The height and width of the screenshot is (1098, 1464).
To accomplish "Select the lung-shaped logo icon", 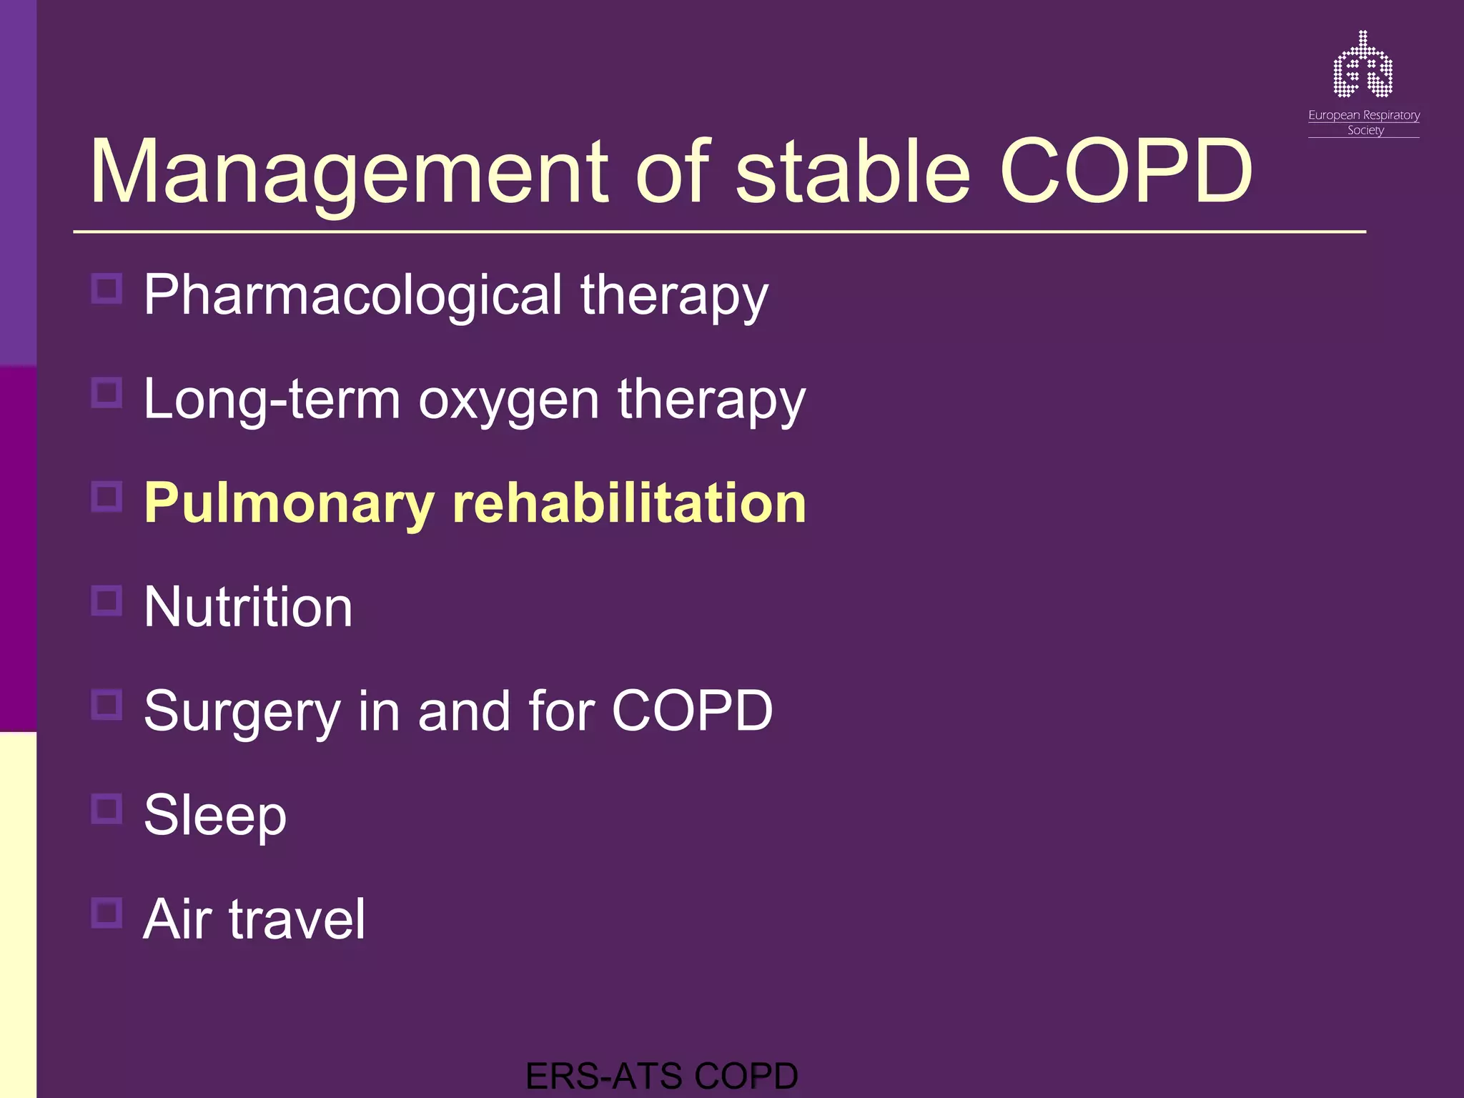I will coord(1362,65).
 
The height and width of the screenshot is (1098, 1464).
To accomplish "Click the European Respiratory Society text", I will coord(1363,122).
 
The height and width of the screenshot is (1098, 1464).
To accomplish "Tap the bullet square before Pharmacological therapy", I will coord(107,289).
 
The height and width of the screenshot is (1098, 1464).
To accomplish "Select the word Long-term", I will coord(272,400).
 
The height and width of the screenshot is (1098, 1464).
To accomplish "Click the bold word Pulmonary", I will coord(289,504).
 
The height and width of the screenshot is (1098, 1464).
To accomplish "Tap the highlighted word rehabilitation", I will coord(629,503).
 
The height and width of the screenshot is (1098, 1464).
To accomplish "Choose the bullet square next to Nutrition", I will coord(107,600).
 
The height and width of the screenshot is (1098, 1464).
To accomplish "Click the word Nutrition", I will coord(248,608).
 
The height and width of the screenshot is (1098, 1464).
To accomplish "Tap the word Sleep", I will coord(215,815).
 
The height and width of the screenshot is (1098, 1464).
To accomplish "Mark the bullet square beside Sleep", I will coord(107,808).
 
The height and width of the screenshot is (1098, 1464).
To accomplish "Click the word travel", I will coord(297,919).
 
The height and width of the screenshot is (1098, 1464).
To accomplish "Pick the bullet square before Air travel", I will coord(107,913).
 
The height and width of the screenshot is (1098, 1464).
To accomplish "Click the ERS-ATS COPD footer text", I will coord(661,1077).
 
